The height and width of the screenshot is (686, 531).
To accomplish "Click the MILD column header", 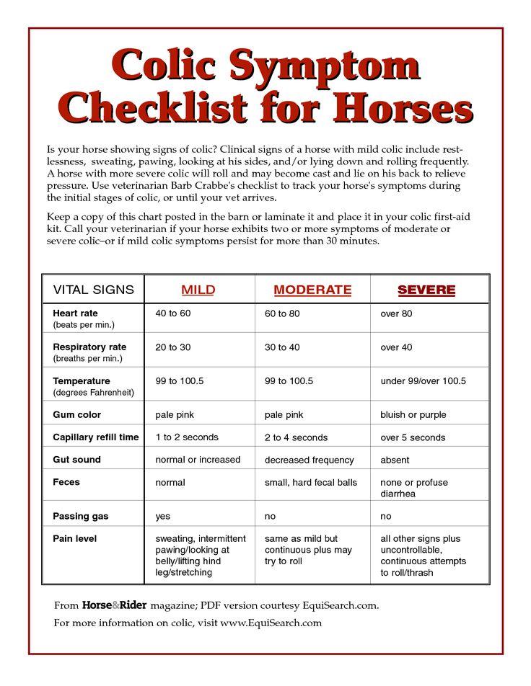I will click(198, 290).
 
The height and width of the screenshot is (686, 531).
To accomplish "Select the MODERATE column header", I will click(312, 290).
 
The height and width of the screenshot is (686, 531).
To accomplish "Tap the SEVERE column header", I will click(426, 290).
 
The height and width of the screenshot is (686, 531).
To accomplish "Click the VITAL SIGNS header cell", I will click(94, 290).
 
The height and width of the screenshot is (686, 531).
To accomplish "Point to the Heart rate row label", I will click(75, 314).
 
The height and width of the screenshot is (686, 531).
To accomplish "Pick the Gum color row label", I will click(77, 415).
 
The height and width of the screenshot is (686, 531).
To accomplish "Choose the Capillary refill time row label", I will click(96, 437).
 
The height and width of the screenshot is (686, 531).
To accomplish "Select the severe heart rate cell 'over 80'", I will click(397, 314).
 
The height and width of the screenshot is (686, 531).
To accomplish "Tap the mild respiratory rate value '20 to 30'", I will click(173, 347).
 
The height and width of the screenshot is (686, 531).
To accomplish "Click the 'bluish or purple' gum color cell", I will click(413, 415).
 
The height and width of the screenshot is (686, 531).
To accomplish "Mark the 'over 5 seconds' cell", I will click(413, 437).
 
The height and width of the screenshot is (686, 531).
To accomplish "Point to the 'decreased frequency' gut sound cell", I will click(309, 460).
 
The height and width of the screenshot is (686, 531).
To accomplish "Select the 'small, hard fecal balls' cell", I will click(311, 482).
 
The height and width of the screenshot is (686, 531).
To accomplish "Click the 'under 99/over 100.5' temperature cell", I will click(424, 381).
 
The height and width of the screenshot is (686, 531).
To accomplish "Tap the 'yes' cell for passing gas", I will click(163, 517).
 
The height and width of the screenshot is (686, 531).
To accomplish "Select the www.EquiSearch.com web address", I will click(271, 623).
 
